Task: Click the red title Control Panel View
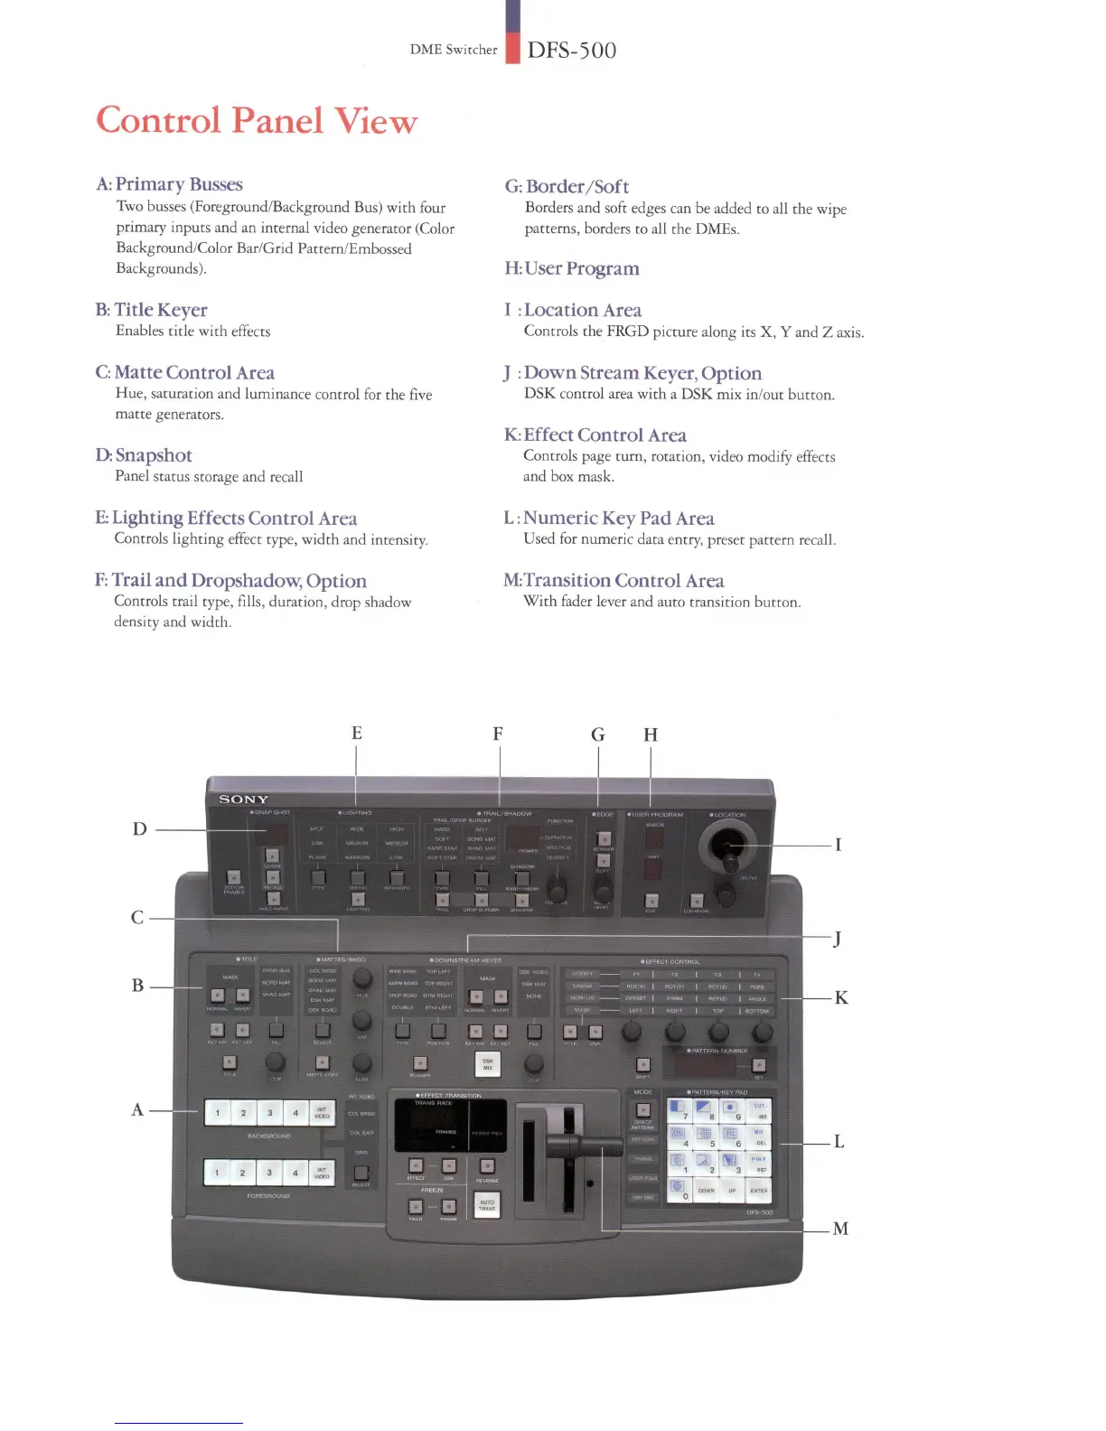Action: coord(257,121)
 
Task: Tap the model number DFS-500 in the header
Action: coord(572,50)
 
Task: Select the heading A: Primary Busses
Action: coord(169,184)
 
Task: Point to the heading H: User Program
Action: coord(571,268)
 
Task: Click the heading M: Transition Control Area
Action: coord(614,580)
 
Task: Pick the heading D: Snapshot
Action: coord(144,455)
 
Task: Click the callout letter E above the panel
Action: coord(357,733)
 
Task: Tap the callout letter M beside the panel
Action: coord(840,1229)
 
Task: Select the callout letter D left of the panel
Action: coord(139,828)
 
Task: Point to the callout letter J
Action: coord(838,938)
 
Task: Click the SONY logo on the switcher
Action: coord(244,800)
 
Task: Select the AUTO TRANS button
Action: coord(487,1204)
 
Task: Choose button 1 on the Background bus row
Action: coord(217,1113)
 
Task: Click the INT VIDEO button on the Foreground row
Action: coord(322,1174)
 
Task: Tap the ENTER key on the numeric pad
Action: coord(759,1191)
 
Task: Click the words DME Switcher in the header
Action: coord(454,50)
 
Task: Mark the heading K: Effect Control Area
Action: coord(595,435)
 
